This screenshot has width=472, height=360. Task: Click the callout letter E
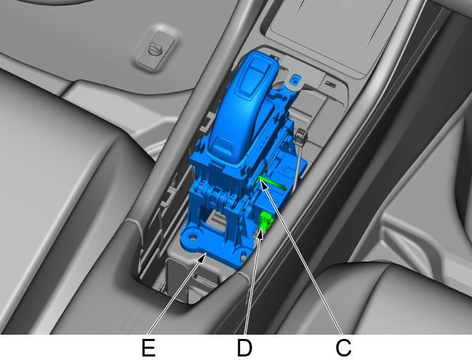(x=148, y=347)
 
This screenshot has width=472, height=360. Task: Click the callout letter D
(x=244, y=347)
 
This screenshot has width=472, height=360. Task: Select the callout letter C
(x=343, y=347)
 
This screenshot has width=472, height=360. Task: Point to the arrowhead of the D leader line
(x=261, y=233)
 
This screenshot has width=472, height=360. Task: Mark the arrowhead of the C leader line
(x=263, y=185)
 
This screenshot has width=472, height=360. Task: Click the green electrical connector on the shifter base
(x=265, y=221)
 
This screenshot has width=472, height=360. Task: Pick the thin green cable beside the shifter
(x=271, y=183)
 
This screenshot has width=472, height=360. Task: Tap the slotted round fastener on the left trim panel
(x=156, y=47)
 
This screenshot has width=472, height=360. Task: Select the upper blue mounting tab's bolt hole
(x=295, y=81)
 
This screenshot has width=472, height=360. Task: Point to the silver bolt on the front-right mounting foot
(x=242, y=258)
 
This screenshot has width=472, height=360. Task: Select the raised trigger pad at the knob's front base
(x=222, y=144)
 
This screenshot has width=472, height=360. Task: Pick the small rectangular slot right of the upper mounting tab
(x=331, y=84)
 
